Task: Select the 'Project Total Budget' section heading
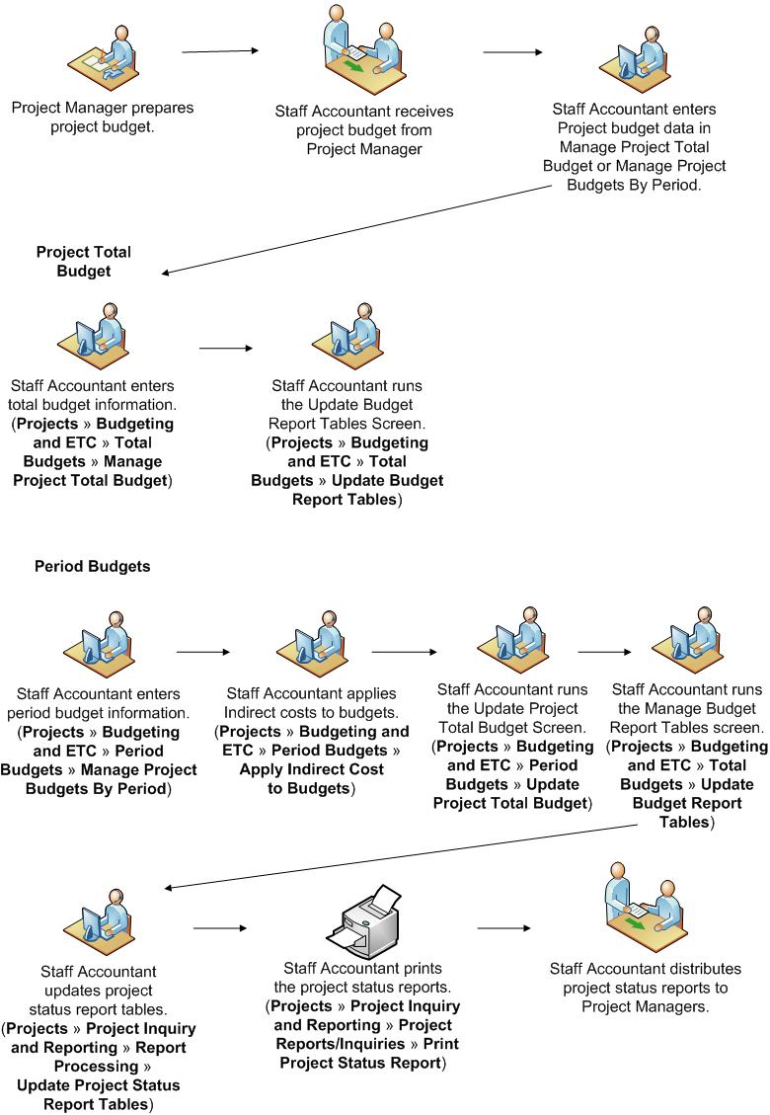coord(84,260)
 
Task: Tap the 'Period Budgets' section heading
coord(92,567)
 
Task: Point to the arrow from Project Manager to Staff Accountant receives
coord(220,50)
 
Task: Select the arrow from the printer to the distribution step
coord(503,927)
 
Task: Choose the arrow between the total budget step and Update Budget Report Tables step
coord(226,348)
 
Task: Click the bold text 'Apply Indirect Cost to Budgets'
coord(311,778)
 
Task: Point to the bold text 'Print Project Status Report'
coord(369,1053)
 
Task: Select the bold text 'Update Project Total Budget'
coord(510,794)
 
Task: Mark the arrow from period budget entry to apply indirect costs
coord(203,652)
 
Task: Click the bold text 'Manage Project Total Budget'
coord(91,471)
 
